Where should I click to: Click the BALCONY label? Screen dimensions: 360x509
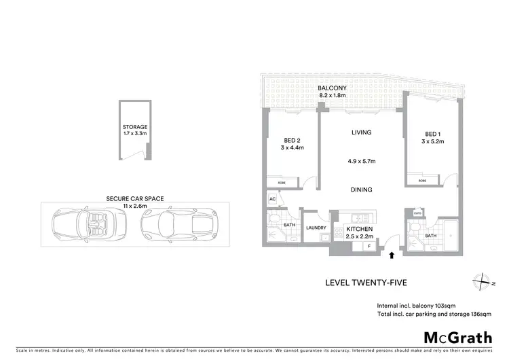pos(333,88)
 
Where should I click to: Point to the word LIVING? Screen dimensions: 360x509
pos(360,133)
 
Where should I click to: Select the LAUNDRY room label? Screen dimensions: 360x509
pos(316,228)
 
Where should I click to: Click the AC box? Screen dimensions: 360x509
pos(271,200)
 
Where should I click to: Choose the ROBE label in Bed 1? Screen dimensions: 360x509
pos(422,181)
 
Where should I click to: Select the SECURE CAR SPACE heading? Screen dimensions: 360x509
pos(134,199)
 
